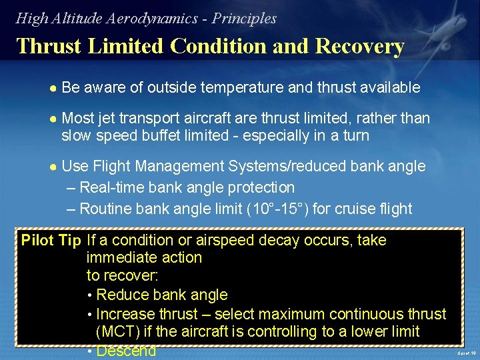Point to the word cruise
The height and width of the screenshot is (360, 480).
tap(340, 209)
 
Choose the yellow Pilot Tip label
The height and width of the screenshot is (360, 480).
tap(51, 240)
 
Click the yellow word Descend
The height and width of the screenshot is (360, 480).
tap(126, 351)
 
